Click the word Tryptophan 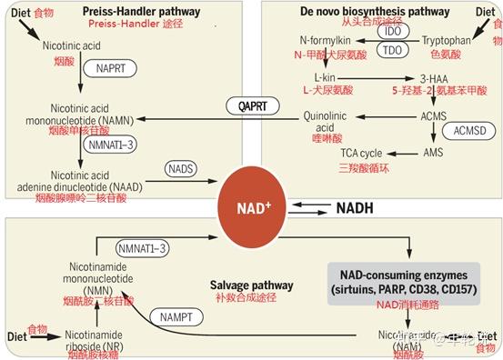click(448, 41)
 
